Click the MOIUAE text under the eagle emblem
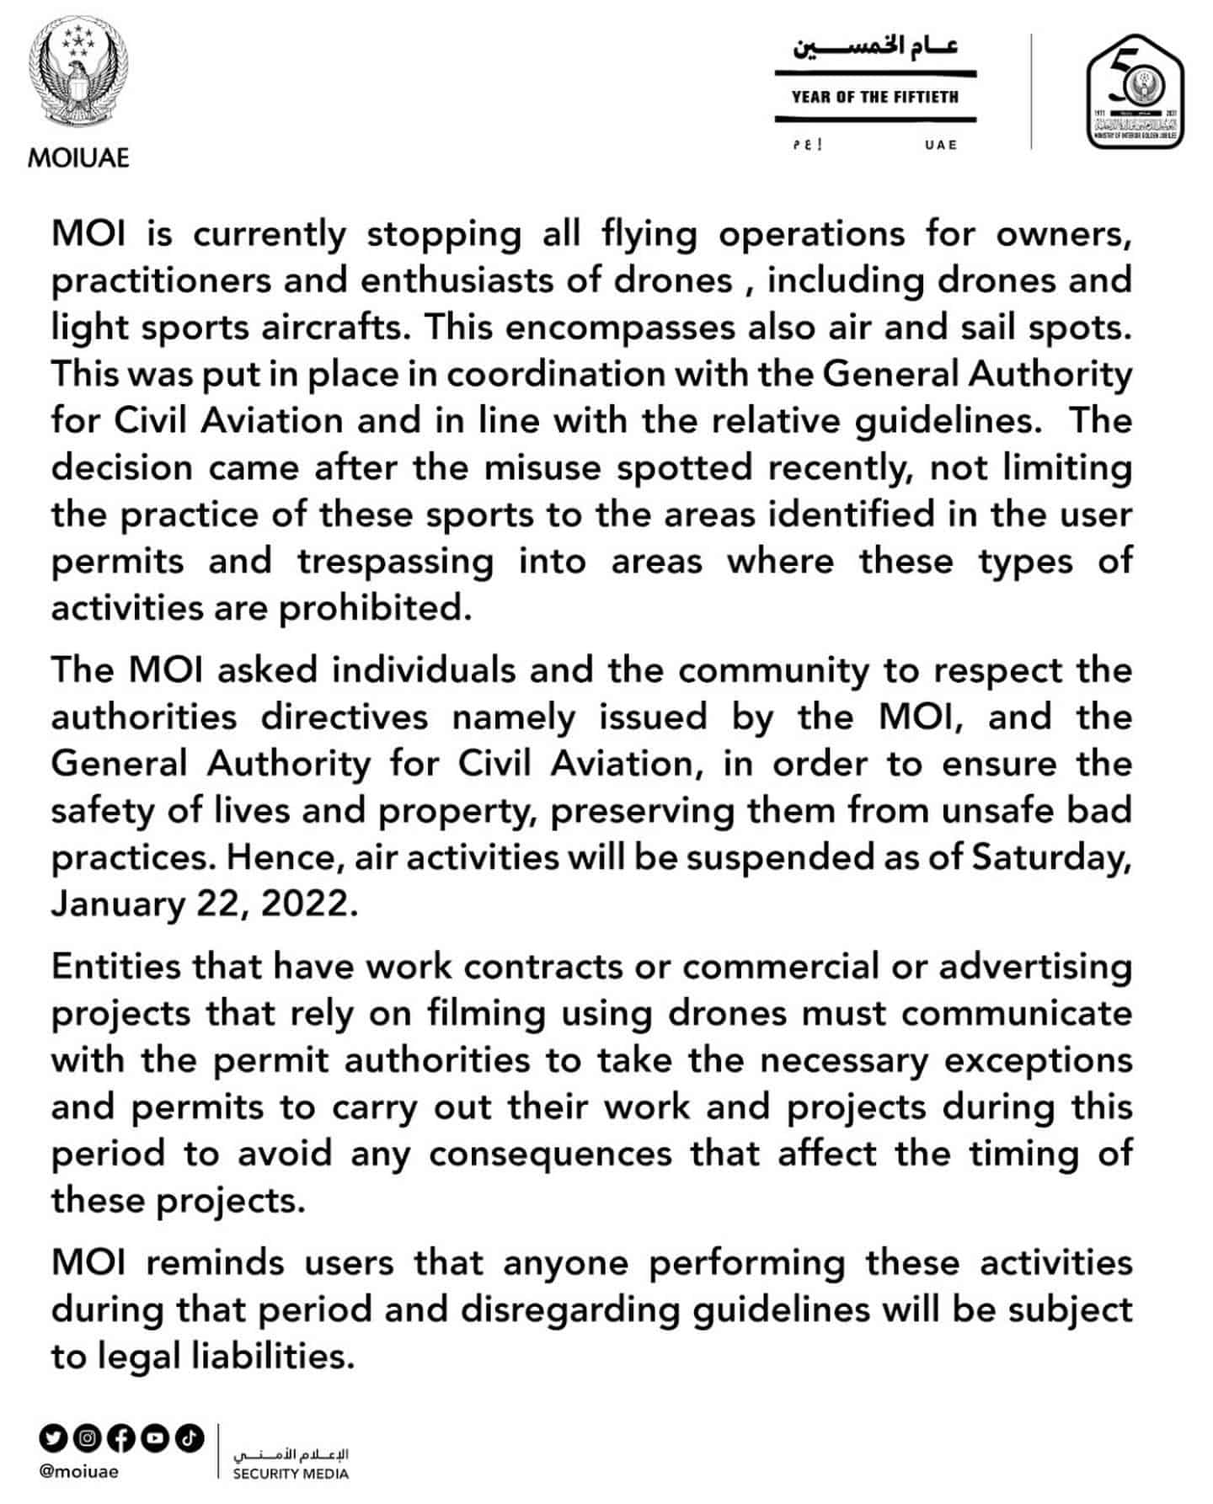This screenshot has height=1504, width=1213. [78, 157]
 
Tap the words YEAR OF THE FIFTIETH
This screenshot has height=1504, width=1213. [874, 98]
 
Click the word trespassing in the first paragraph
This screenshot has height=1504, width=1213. [395, 561]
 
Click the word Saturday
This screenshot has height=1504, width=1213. [1050, 856]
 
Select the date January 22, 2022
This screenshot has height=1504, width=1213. [204, 904]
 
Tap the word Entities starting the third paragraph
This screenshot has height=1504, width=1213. [115, 966]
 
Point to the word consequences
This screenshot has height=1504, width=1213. [550, 1153]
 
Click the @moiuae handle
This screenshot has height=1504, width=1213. [78, 1471]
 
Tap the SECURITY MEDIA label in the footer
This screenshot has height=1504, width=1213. [291, 1474]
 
